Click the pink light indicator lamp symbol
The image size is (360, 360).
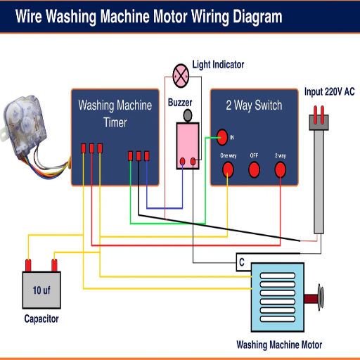181,76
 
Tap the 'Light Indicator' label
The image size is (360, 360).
218,65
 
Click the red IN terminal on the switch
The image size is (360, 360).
222,137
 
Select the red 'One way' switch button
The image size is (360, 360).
228,169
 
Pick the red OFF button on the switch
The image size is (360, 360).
254,169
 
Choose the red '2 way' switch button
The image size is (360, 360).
281,169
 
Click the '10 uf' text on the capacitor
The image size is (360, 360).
41,290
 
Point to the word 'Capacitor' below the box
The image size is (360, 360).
41,319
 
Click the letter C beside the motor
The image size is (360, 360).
242,262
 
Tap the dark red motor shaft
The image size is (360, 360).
311,299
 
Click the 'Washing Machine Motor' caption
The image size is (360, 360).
279,345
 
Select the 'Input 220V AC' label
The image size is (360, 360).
329,91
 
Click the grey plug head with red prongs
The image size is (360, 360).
319,118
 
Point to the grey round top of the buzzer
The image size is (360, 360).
188,115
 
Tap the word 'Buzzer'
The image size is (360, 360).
180,103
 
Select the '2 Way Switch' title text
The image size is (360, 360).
254,105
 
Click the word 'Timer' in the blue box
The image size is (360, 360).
115,122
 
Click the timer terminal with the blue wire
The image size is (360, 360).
147,156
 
